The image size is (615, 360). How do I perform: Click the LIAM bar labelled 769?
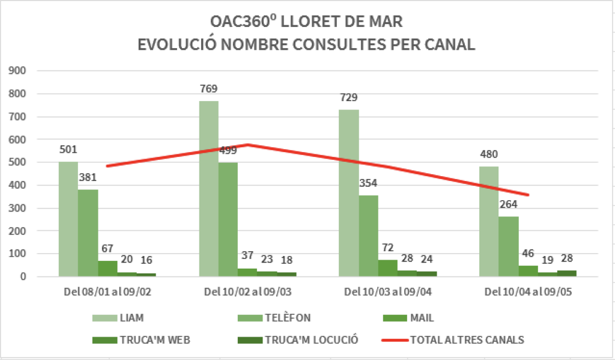coord(208,189)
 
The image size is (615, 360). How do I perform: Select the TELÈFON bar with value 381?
coord(88,233)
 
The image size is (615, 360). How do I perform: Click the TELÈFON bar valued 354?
coord(368,236)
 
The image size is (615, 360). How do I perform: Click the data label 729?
coord(348,97)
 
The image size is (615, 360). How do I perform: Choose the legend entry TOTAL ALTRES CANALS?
coord(467,340)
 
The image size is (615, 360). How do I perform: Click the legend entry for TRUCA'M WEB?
coord(152,340)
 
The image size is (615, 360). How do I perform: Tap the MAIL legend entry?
coord(423,318)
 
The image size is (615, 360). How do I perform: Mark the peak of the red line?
coord(248,144)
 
